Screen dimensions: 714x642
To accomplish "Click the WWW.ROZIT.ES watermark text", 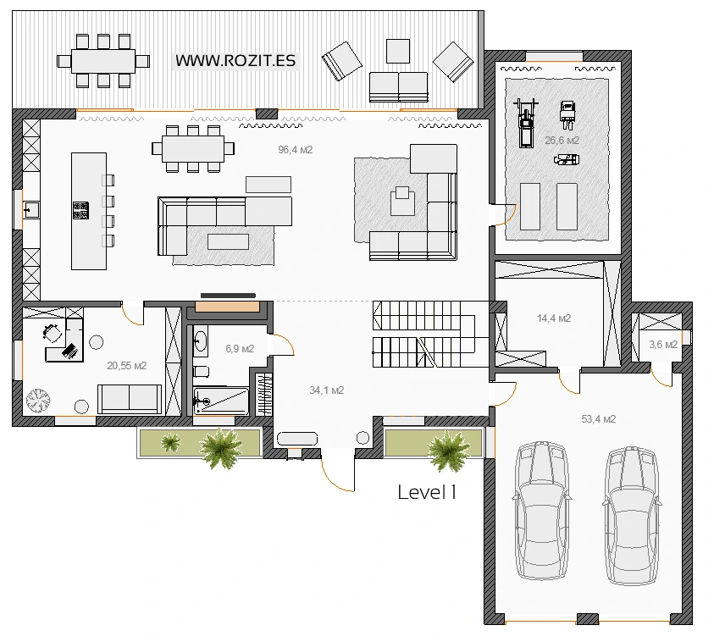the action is tap(235, 60).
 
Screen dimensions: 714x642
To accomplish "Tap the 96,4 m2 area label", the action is tap(295, 150).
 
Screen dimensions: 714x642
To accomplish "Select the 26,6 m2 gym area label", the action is tap(562, 141).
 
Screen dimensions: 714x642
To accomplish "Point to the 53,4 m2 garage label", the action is tap(598, 419).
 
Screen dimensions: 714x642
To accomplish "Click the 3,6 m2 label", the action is tap(663, 345).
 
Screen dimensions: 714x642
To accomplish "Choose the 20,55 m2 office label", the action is tap(126, 366).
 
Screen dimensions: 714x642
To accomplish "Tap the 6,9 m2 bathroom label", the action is tap(240, 349).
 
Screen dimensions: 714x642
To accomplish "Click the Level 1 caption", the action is tap(427, 492).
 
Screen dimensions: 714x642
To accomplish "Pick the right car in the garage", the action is tap(632, 516).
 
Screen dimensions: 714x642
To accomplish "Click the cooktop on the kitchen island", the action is tap(80, 210).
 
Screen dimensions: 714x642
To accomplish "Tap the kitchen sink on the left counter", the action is tap(31, 210).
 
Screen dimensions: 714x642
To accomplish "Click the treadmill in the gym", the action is tap(526, 123).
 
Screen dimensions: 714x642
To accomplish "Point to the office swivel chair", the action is tap(53, 332).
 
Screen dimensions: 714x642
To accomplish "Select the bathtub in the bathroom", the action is tap(221, 401).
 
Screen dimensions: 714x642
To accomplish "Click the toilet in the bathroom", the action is tap(201, 372).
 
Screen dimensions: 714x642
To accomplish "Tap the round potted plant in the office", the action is tap(38, 401).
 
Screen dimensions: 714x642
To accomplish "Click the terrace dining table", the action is tap(103, 61).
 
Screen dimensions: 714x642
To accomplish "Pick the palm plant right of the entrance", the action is tap(449, 450).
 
